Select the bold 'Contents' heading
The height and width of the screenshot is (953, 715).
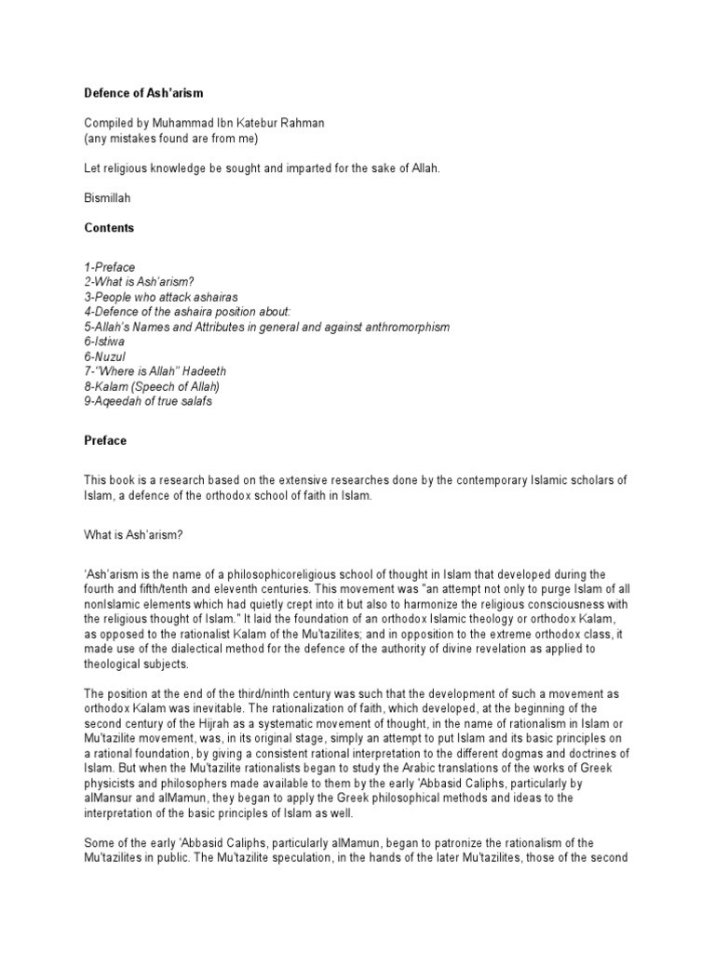coord(108,228)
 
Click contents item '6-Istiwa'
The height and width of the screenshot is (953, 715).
coord(102,343)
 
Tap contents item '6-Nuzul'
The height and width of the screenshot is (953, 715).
coord(104,358)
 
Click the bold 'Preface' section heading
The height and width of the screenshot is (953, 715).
coord(105,440)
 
